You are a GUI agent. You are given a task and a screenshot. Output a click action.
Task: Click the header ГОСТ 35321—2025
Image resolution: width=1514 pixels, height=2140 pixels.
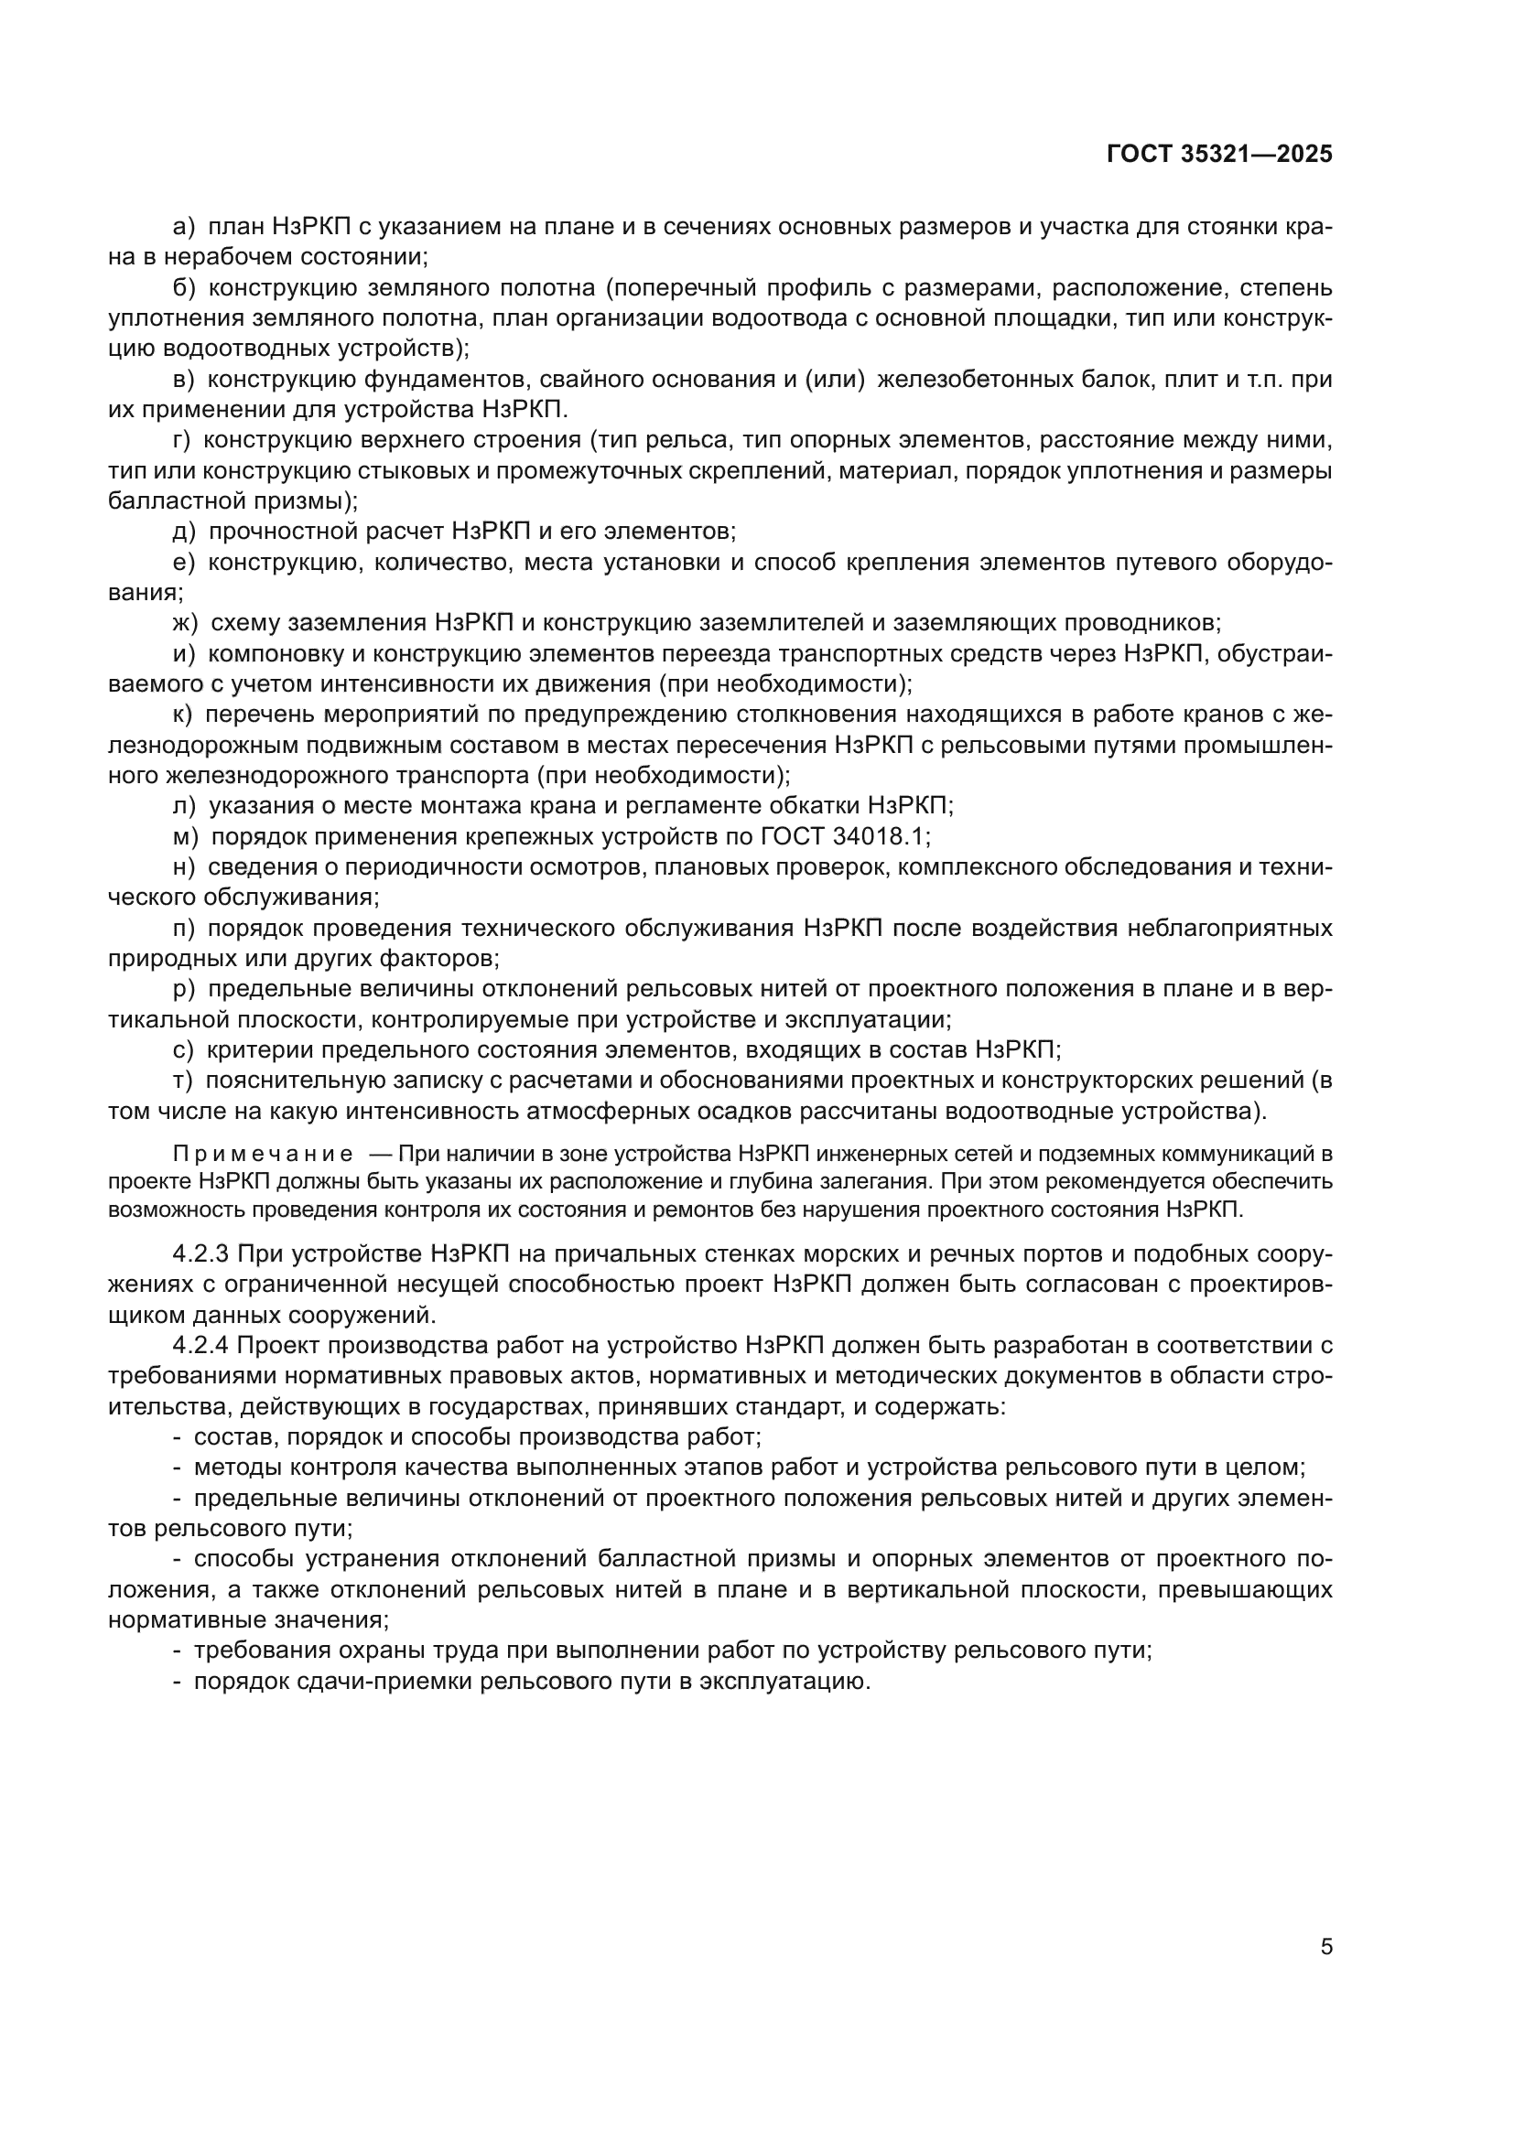(x=1219, y=155)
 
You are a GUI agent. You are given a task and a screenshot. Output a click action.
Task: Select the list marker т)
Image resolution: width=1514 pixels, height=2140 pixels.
(x=183, y=1081)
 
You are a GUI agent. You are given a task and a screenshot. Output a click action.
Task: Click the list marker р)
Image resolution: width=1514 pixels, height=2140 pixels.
(x=184, y=989)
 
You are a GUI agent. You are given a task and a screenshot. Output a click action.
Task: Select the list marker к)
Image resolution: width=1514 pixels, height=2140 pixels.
(x=183, y=715)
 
